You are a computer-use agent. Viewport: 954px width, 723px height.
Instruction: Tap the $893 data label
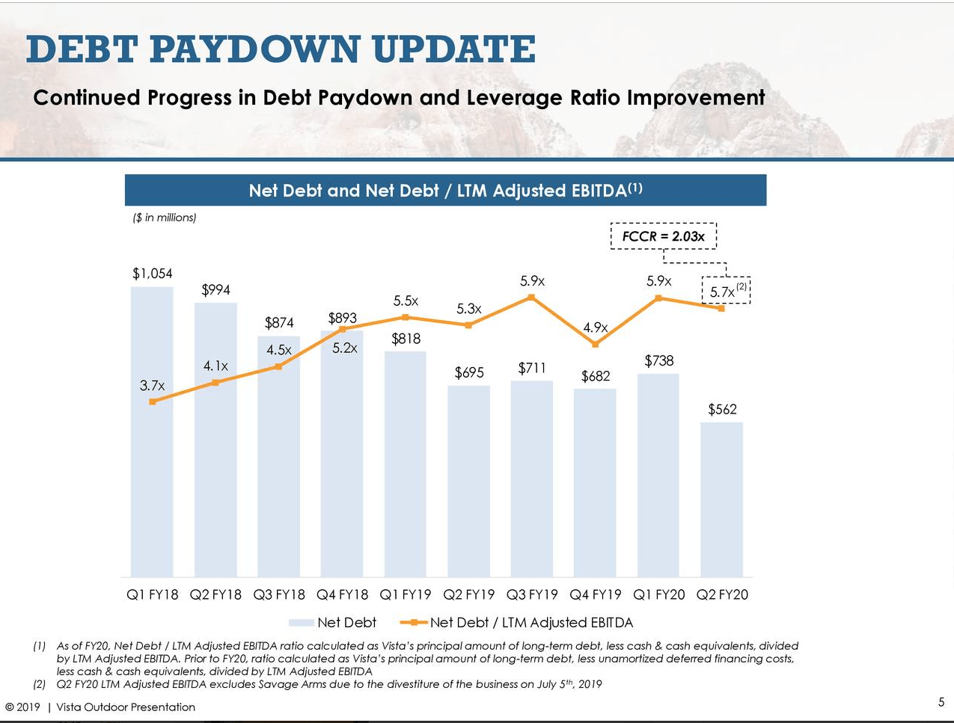pyautogui.click(x=342, y=318)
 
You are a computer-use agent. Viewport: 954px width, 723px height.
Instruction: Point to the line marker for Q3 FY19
pyautogui.click(x=531, y=298)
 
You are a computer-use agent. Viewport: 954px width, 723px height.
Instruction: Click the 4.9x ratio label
pyautogui.click(x=596, y=327)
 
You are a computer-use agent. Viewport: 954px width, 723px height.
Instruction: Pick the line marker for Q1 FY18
pyautogui.click(x=153, y=402)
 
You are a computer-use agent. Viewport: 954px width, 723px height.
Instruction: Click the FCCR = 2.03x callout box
pyautogui.click(x=663, y=236)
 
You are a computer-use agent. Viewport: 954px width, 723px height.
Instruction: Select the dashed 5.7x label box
pyautogui.click(x=725, y=291)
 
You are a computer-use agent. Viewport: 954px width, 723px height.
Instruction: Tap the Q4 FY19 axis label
pyautogui.click(x=596, y=594)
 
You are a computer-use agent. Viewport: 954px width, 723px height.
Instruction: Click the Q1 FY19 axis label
pyautogui.click(x=406, y=594)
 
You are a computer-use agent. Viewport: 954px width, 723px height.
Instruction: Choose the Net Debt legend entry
pyautogui.click(x=333, y=622)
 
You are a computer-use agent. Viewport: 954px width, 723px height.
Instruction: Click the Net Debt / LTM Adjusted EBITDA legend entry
pyautogui.click(x=518, y=622)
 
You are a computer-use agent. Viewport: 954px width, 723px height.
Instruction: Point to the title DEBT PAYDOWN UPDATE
pyautogui.click(x=281, y=49)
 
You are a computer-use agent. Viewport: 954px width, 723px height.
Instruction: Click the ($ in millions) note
pyautogui.click(x=164, y=218)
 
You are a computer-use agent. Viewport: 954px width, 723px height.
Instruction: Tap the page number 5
pyautogui.click(x=941, y=701)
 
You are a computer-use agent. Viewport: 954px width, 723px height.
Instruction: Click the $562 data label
pyautogui.click(x=722, y=409)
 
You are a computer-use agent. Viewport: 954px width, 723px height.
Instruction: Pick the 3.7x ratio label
pyautogui.click(x=152, y=386)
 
